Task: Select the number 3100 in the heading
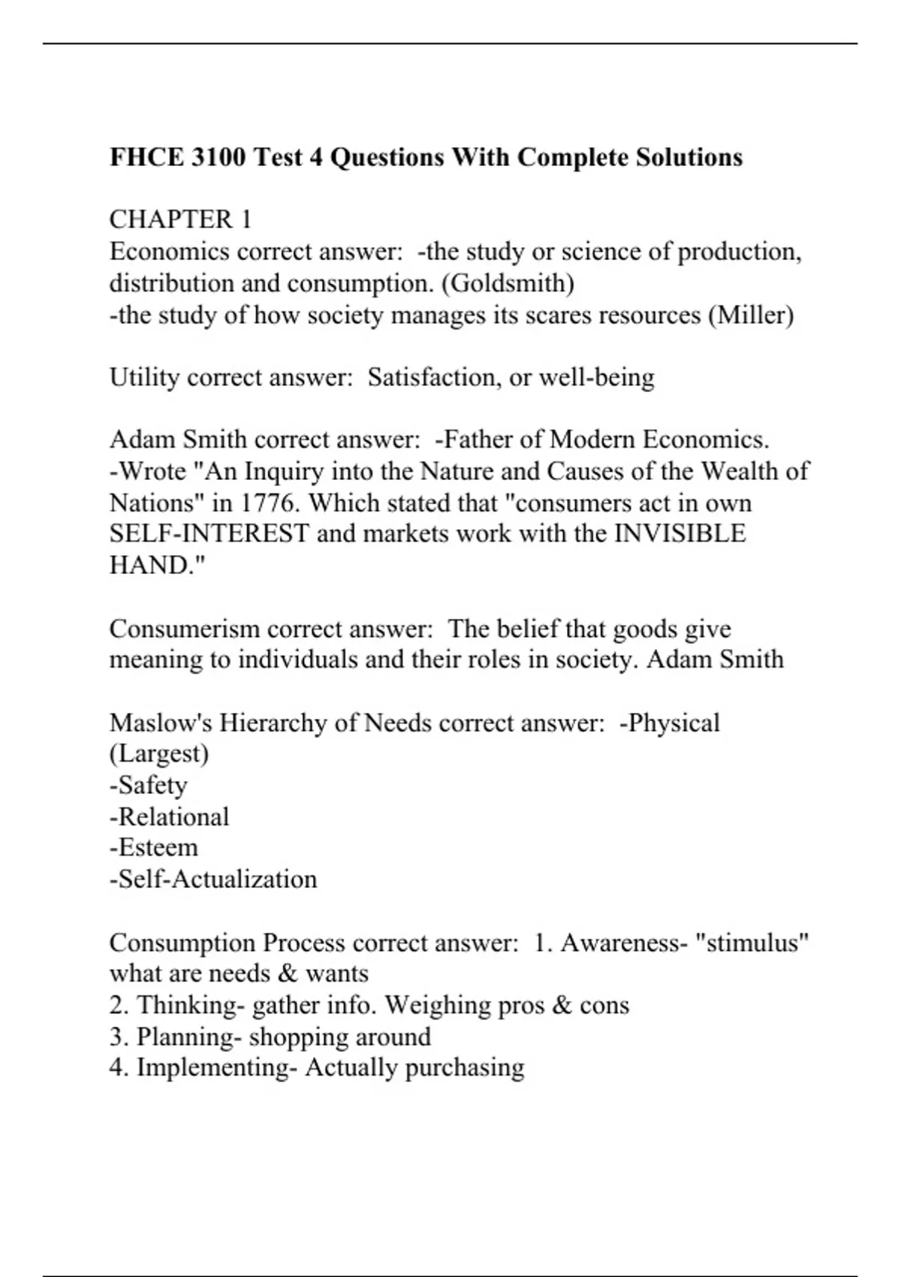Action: pos(219,157)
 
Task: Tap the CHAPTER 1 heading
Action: pos(180,219)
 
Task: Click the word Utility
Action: pos(144,377)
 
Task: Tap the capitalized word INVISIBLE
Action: pos(680,534)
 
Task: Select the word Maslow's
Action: pos(161,723)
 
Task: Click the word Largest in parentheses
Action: pos(159,753)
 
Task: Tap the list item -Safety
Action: pos(149,785)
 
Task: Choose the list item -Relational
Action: pos(169,817)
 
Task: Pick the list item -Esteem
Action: pos(154,847)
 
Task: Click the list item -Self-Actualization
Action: pos(213,879)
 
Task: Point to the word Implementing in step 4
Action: pos(217,1067)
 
